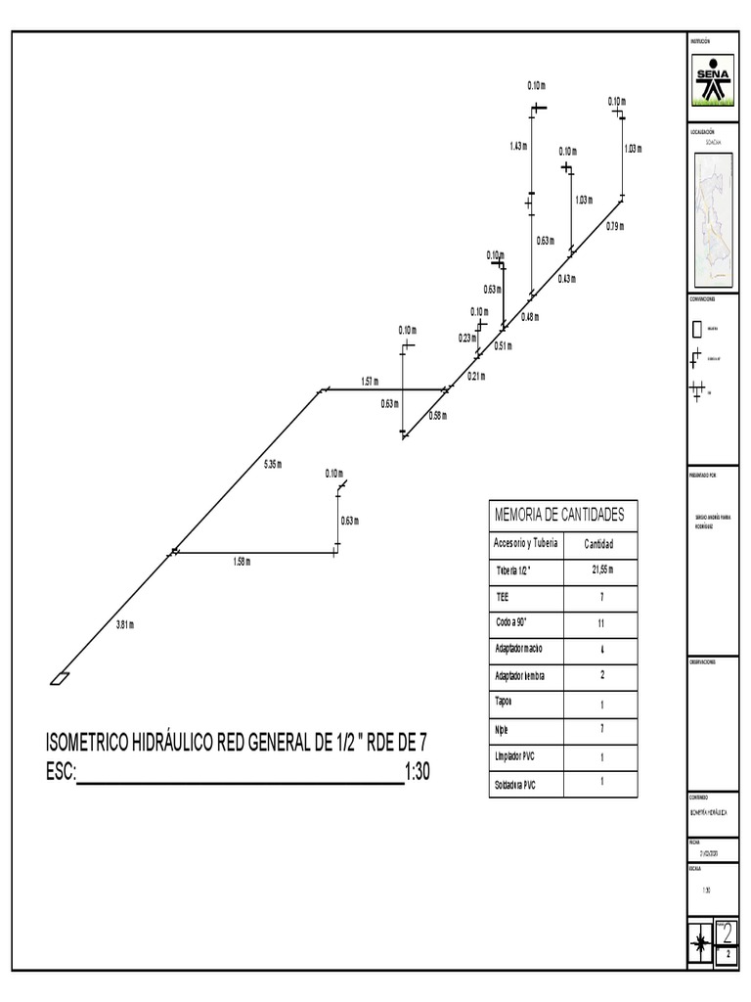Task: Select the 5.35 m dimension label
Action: click(273, 464)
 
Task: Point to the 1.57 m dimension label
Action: click(370, 381)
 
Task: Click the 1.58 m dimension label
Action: click(242, 562)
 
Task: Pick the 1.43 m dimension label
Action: click(518, 147)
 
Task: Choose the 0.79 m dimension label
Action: click(614, 227)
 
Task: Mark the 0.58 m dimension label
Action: click(437, 416)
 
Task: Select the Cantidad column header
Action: click(598, 544)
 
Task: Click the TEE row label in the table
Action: click(504, 595)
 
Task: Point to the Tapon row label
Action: click(505, 703)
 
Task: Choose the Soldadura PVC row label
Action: click(516, 785)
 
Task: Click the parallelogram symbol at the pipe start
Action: click(60, 679)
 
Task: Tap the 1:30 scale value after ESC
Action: click(418, 772)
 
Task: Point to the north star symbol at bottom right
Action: click(700, 945)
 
